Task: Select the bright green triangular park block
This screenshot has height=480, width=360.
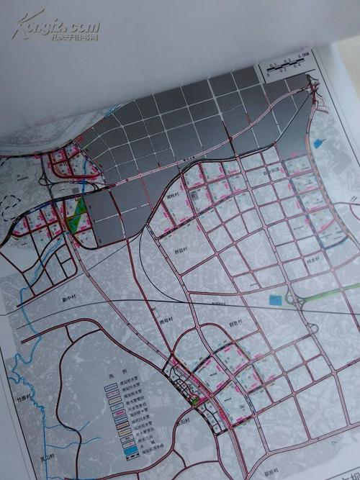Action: pos(78,213)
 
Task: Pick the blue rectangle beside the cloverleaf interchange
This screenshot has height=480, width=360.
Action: pos(274,299)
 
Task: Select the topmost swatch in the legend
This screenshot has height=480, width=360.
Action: pos(111,386)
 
